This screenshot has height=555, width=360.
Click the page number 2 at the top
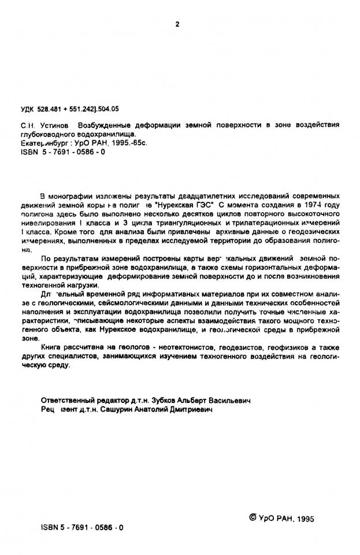click(177, 24)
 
